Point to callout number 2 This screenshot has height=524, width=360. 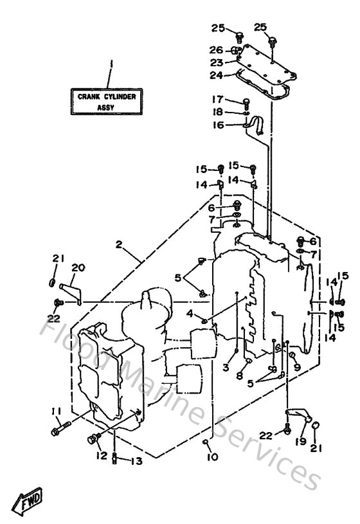(119, 244)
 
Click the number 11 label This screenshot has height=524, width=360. (56, 411)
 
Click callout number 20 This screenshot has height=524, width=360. (78, 269)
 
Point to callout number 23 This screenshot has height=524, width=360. (216, 63)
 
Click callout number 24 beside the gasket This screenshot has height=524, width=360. (216, 75)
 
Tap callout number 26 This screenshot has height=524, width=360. (216, 50)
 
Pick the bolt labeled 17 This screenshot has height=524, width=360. (246, 102)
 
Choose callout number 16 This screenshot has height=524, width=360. (217, 125)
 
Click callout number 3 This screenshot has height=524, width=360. (225, 367)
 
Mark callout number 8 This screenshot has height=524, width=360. (239, 377)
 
